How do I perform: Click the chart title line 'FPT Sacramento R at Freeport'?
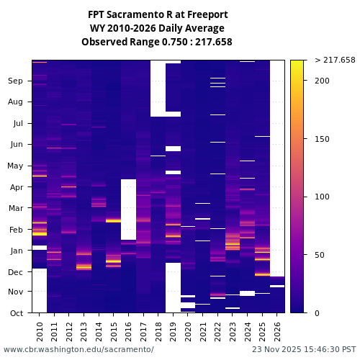(158, 14)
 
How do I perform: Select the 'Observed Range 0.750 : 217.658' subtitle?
(158, 42)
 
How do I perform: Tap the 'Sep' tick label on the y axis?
(15, 81)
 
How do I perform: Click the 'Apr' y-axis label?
(15, 187)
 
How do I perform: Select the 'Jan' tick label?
(15, 251)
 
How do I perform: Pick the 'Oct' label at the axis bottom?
(15, 313)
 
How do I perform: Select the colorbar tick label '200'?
(322, 81)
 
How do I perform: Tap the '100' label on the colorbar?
(322, 197)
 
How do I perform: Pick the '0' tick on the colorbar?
(318, 313)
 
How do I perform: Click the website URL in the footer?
(78, 349)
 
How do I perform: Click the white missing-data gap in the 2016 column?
(128, 209)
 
